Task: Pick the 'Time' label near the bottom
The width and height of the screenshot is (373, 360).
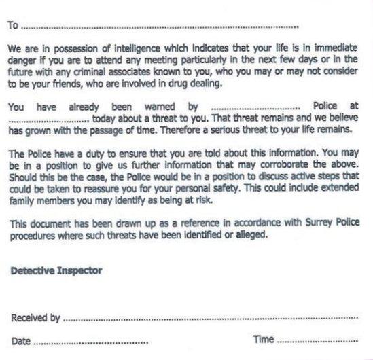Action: click(x=263, y=339)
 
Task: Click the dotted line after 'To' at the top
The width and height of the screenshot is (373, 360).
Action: click(x=160, y=27)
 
